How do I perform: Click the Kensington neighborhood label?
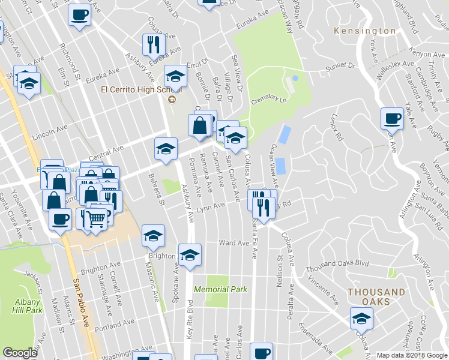point(365,31)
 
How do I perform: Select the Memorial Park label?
point(221,289)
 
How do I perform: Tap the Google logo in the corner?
point(20,353)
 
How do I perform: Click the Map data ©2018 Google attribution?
point(412,355)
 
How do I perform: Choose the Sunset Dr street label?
point(340,66)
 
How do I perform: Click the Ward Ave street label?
point(234,244)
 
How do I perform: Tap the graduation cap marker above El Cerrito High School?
point(175,76)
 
